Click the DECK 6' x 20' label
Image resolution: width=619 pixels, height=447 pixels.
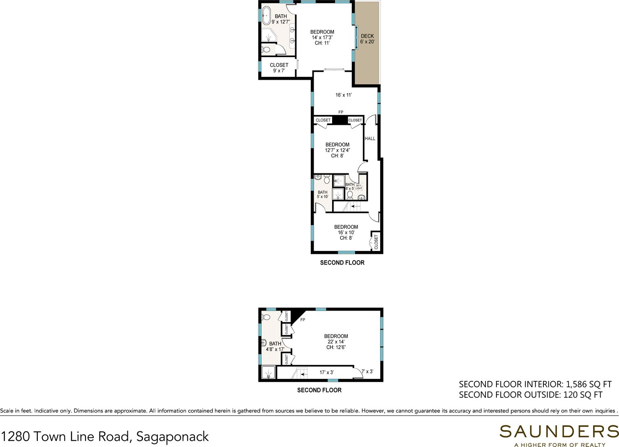click(x=367, y=39)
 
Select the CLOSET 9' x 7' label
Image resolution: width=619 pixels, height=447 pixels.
click(x=279, y=68)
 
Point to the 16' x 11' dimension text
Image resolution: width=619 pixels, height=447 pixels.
click(x=344, y=95)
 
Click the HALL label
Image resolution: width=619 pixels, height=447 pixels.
click(x=370, y=138)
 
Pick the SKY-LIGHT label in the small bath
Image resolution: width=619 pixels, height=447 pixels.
click(x=359, y=187)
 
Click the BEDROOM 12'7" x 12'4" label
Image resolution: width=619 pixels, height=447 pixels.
click(x=337, y=150)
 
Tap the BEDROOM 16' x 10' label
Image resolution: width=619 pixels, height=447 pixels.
click(x=346, y=233)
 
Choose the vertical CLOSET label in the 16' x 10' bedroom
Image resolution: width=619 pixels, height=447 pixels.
click(x=376, y=242)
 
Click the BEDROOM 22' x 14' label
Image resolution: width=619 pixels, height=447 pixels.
click(x=336, y=342)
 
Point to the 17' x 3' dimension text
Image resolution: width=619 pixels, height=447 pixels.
click(x=327, y=372)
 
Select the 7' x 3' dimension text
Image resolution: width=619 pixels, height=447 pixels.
click(x=367, y=371)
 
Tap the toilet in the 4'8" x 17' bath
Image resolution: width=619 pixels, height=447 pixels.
click(x=266, y=316)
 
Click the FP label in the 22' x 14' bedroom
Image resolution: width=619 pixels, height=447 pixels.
click(x=303, y=320)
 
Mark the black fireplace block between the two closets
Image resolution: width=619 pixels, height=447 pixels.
click(x=339, y=120)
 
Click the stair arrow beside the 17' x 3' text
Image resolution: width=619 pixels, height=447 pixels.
click(x=304, y=375)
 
